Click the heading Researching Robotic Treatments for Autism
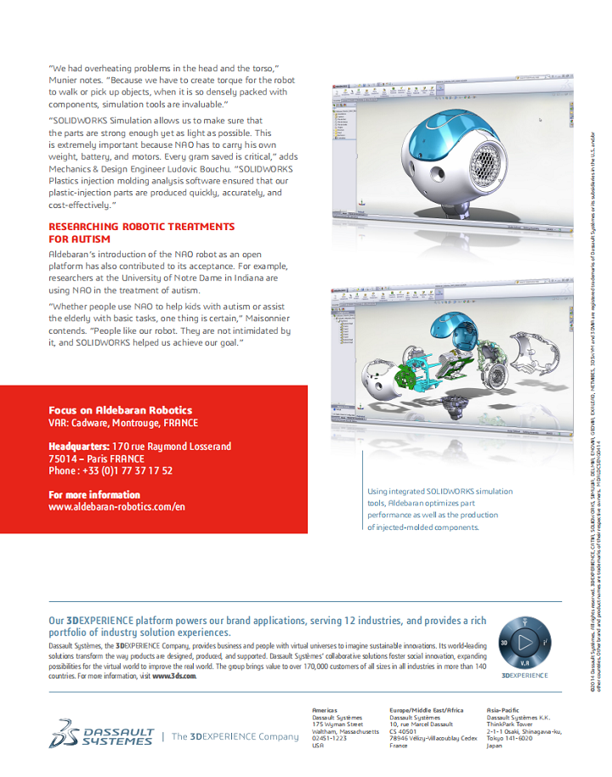click(141, 233)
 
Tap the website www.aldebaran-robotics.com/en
click(116, 506)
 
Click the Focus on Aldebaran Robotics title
click(120, 410)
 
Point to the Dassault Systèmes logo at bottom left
click(103, 735)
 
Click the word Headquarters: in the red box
click(78, 446)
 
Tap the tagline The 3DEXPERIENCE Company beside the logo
click(229, 736)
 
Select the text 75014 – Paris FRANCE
click(96, 459)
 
